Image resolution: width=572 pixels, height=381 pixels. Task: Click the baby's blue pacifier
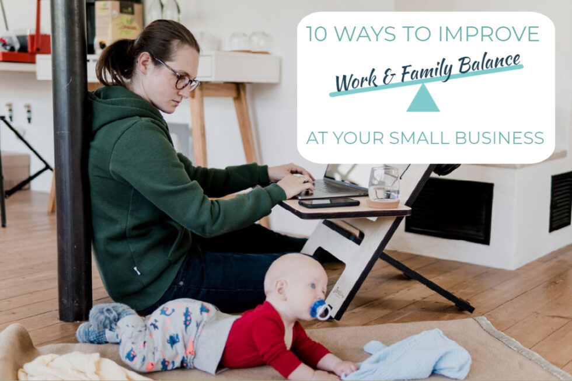click(x=320, y=310)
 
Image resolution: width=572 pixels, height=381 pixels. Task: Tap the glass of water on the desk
click(x=384, y=184)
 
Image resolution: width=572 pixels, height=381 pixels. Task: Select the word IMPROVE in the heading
click(x=489, y=33)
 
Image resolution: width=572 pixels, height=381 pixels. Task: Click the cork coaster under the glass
click(x=383, y=202)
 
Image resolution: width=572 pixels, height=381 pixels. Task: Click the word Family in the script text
click(x=426, y=72)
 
